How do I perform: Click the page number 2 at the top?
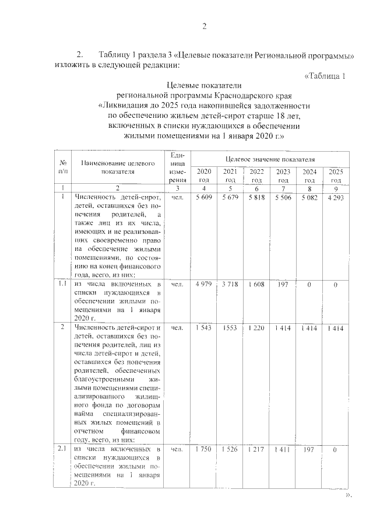[204, 25]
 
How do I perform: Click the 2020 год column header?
[204, 175]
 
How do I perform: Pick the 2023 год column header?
[283, 175]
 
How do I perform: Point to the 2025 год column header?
[336, 175]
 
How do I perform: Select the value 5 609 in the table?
[204, 197]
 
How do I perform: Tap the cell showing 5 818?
[256, 197]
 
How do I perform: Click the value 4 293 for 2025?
[336, 197]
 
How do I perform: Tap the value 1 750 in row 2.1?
[204, 450]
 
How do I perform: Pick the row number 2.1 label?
[62, 449]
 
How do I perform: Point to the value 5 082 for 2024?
[309, 197]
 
